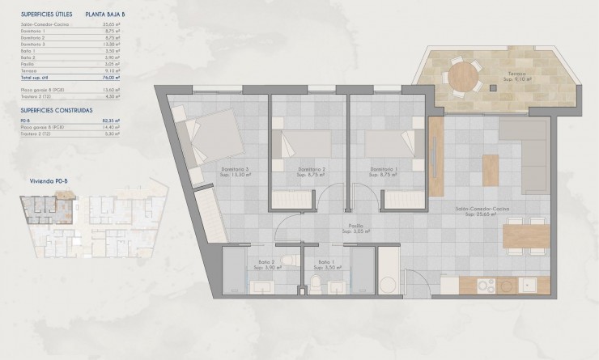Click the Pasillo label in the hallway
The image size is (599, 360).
[x=355, y=229]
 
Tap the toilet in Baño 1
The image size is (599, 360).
[x=315, y=284]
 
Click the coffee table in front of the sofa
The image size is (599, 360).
[x=491, y=168]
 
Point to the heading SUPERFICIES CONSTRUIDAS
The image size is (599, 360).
[x=56, y=108]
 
